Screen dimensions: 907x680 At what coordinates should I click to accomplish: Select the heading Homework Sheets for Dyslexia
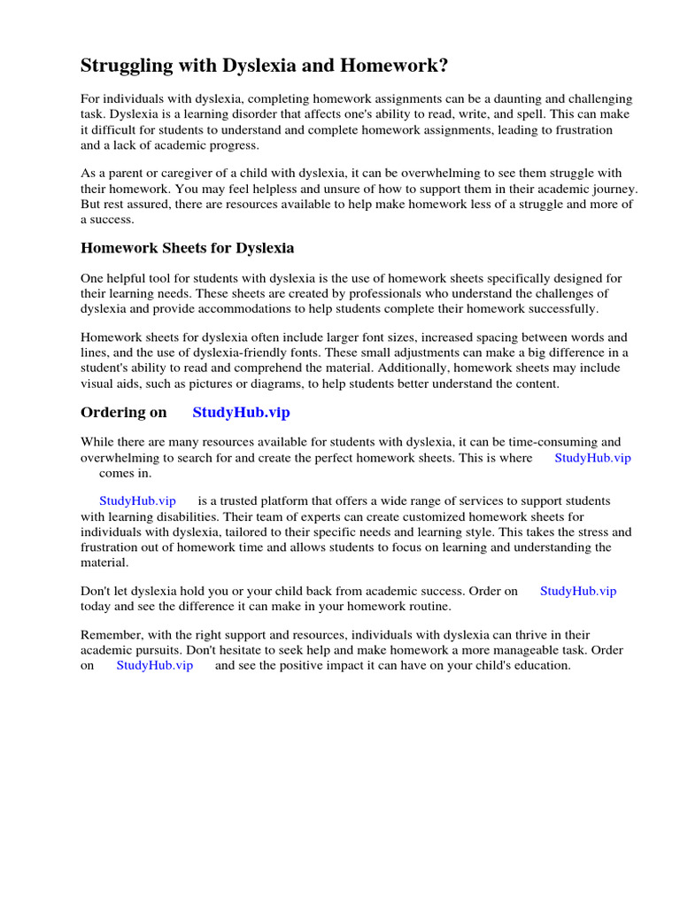pyautogui.click(x=188, y=248)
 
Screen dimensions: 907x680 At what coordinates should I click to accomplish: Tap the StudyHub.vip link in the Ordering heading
pyautogui.click(x=241, y=413)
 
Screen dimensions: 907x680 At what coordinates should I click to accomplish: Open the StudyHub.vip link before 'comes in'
pyautogui.click(x=592, y=457)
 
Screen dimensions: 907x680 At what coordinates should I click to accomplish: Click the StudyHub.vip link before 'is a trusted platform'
pyautogui.click(x=137, y=501)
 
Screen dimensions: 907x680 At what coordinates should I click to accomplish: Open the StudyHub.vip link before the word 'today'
pyautogui.click(x=578, y=591)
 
